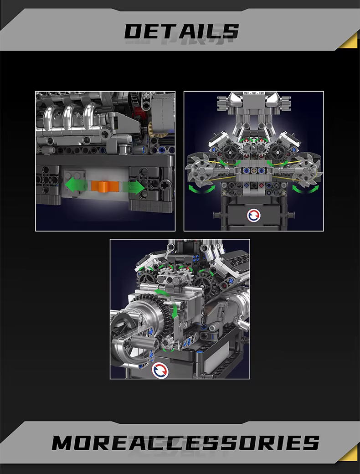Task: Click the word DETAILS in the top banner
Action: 182,31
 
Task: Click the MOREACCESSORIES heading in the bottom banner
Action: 185,443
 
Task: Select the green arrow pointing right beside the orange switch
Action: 134,187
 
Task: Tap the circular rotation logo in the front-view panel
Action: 254,216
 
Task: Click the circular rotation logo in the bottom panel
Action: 160,370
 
